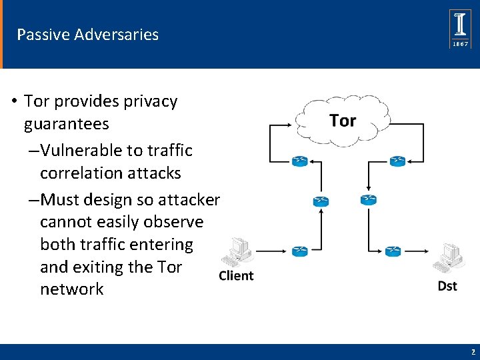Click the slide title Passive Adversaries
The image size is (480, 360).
click(x=87, y=35)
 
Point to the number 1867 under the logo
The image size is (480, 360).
click(x=461, y=43)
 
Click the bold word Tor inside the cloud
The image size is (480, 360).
click(x=343, y=121)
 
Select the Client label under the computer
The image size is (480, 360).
click(x=236, y=276)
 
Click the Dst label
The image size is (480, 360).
click(x=447, y=285)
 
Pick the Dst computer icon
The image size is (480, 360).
click(x=448, y=256)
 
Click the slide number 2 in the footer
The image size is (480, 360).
click(x=473, y=351)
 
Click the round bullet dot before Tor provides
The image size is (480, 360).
click(x=13, y=102)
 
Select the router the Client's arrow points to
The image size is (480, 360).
click(x=300, y=251)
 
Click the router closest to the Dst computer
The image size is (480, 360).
click(x=393, y=251)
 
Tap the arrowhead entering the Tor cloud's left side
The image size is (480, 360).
click(x=295, y=123)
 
